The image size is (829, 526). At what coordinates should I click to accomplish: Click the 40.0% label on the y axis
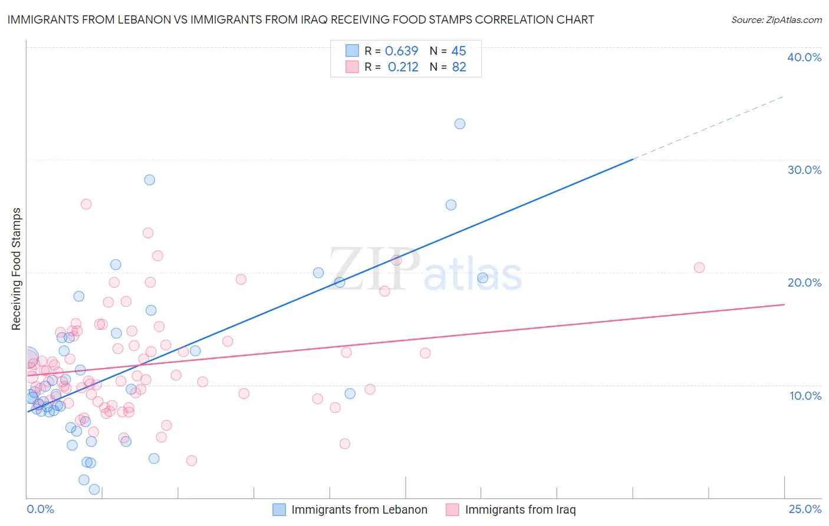coord(804,57)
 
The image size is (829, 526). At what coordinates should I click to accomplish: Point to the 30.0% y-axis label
coord(804,170)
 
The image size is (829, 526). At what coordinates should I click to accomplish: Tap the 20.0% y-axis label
coord(804,282)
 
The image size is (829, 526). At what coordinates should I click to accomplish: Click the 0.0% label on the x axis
coord(40,509)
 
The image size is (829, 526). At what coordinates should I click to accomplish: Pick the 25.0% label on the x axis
coord(805,509)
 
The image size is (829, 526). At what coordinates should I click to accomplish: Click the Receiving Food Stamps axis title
coord(16,269)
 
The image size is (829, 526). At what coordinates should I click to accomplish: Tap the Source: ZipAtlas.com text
coord(776,20)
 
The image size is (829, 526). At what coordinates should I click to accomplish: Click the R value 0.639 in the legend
coord(402,51)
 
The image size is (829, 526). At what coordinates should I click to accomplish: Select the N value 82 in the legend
coord(459,67)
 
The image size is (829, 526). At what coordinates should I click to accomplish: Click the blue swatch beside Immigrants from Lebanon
coord(279,509)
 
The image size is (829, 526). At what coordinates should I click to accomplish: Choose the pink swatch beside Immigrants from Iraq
coord(452,509)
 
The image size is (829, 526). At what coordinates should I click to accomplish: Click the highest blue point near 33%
coord(460,124)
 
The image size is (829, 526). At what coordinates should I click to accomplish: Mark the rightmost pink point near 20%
coord(699,268)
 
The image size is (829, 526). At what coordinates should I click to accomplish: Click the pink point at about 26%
coord(86,204)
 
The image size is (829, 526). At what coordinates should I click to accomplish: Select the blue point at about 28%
coord(150,180)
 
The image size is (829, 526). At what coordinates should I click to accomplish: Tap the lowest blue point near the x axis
coord(94,489)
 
